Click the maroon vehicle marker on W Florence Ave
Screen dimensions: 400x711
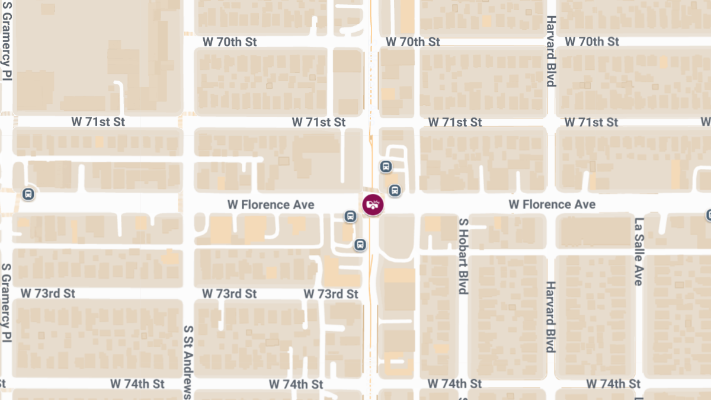pos(373,205)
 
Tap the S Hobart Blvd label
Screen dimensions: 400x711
pos(463,255)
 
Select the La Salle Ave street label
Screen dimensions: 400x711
pos(638,252)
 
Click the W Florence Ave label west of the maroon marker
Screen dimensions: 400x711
pos(271,204)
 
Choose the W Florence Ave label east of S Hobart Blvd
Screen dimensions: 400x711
pos(552,204)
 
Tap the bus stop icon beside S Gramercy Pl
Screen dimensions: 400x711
pos(27,194)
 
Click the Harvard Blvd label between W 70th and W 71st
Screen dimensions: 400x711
pos(550,51)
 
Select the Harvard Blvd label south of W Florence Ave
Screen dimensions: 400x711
pos(550,316)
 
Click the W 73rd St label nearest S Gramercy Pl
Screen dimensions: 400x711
pos(48,294)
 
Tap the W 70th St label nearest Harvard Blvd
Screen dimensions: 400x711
pos(591,41)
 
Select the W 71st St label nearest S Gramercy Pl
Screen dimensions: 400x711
pos(98,122)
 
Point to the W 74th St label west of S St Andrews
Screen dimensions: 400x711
pos(137,384)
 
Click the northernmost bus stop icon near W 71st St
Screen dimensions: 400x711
pos(386,167)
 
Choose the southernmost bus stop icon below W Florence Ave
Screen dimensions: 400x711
pos(360,245)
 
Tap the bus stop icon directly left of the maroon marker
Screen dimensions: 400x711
pos(350,217)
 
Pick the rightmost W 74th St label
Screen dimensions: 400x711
pos(613,384)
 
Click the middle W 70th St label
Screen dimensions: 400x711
pos(412,41)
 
